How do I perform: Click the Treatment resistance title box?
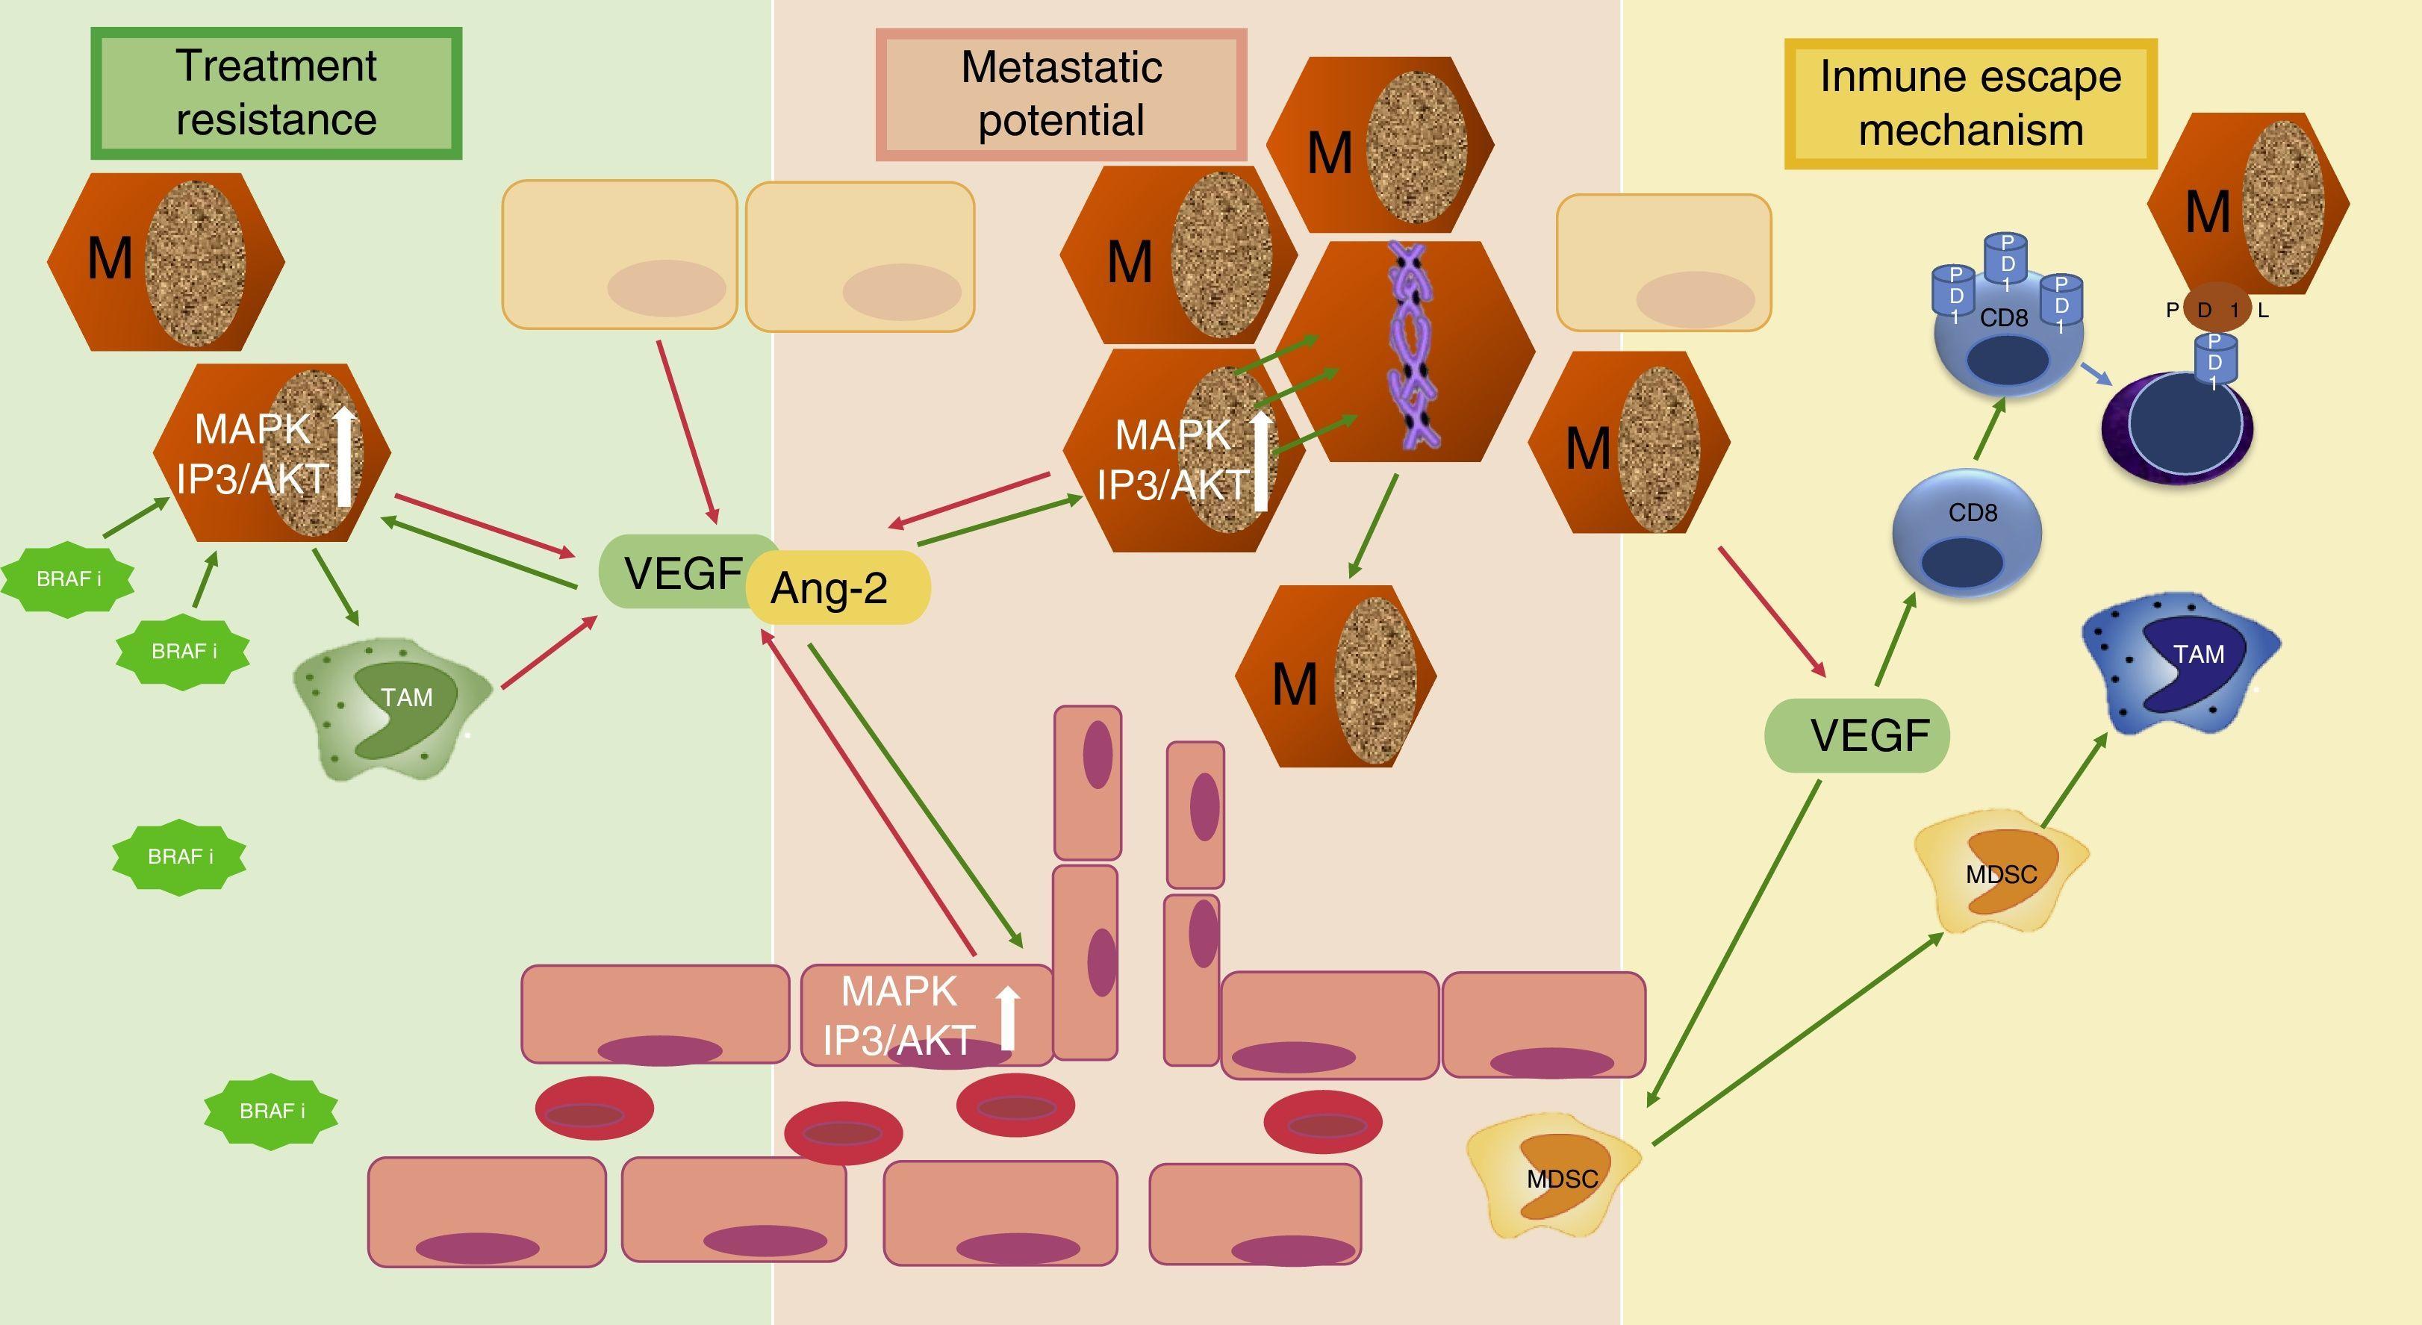275,93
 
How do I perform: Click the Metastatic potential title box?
1061,94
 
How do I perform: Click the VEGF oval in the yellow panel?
1857,735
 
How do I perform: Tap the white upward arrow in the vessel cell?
1008,1017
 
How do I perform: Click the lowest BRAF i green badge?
271,1112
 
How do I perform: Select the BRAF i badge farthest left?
68,579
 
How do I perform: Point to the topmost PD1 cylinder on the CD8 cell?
2005,258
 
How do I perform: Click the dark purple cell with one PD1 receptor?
2176,428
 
